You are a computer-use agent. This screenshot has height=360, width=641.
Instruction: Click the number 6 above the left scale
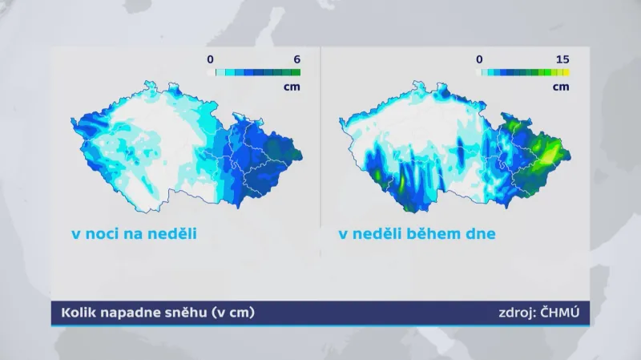point(296,59)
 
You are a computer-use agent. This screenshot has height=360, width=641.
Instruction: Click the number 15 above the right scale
point(562,59)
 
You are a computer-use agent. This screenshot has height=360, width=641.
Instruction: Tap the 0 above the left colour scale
point(210,59)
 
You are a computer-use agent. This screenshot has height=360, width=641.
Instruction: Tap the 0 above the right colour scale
point(479,59)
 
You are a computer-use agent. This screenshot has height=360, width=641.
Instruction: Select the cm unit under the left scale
point(292,86)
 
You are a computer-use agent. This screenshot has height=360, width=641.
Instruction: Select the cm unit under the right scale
point(561,86)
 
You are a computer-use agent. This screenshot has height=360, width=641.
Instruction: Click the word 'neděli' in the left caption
point(170,235)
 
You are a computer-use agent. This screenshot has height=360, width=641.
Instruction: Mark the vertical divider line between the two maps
point(320,144)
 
